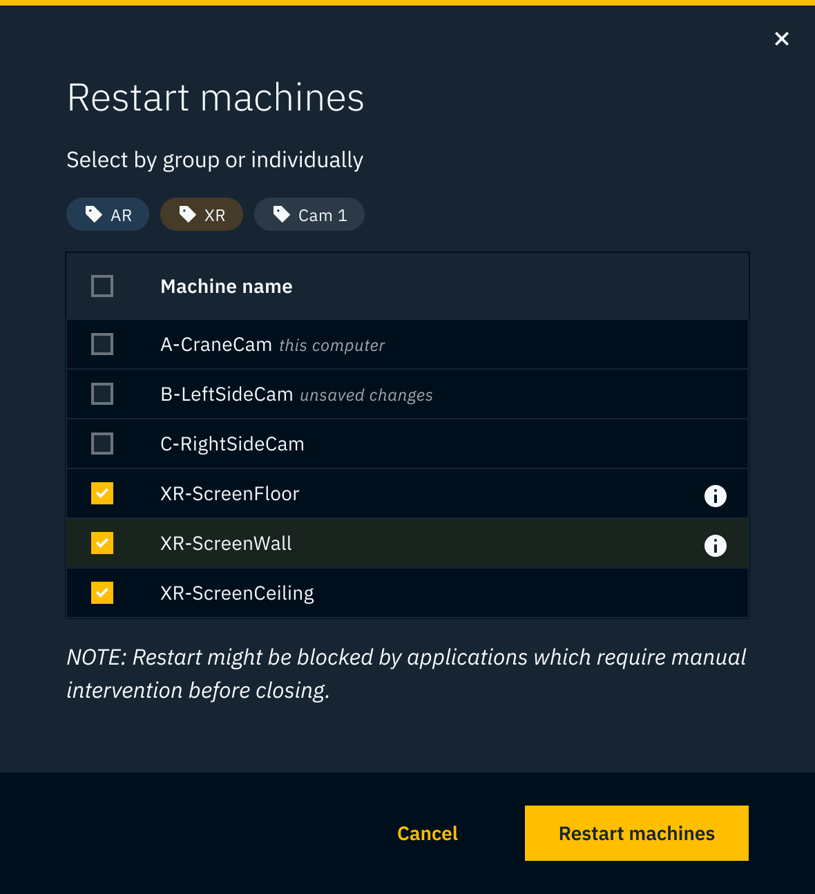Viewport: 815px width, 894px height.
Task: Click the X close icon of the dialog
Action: (x=782, y=39)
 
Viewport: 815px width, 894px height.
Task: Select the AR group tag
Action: (x=107, y=214)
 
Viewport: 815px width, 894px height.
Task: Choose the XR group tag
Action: (x=202, y=214)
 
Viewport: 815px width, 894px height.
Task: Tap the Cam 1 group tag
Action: (x=309, y=214)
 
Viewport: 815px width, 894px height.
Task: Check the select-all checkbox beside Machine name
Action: (x=102, y=286)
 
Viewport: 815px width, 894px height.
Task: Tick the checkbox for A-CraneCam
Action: (x=102, y=344)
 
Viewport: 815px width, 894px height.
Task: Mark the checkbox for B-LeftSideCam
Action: (x=102, y=394)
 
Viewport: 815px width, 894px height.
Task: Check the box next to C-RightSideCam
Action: (x=102, y=444)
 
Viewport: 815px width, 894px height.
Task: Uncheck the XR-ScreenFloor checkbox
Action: (x=102, y=493)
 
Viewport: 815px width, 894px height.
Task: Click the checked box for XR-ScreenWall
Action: (x=102, y=543)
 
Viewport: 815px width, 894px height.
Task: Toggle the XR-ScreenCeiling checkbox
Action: (x=102, y=593)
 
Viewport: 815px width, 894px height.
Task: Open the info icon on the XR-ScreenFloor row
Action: (x=715, y=496)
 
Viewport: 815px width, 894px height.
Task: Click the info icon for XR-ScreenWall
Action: (x=715, y=546)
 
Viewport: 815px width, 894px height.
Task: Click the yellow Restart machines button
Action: (x=636, y=833)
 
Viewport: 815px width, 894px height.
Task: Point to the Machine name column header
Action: (x=227, y=286)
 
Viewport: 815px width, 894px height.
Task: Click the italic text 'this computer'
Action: (x=332, y=345)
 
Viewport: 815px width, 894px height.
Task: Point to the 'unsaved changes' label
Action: (x=366, y=395)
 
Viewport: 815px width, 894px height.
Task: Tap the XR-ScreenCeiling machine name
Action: (x=237, y=593)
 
